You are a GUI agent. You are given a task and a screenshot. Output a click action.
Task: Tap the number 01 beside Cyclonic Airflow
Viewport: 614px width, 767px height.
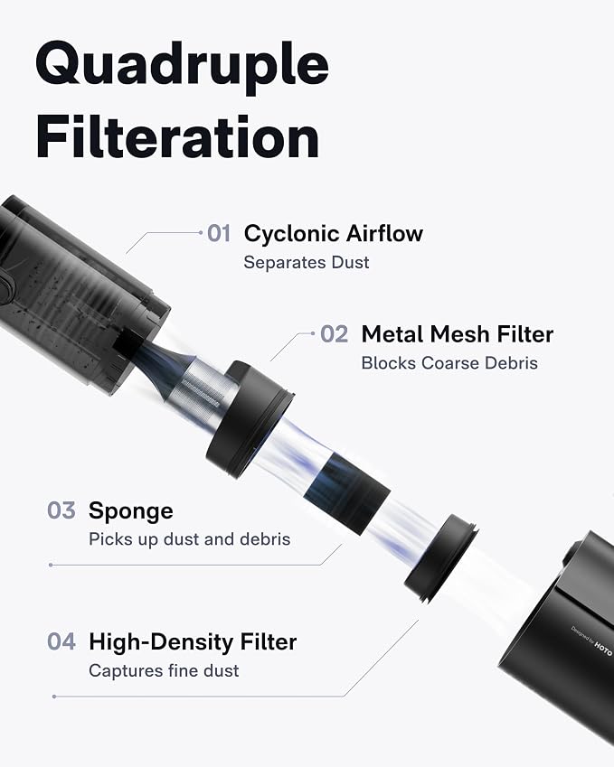point(219,233)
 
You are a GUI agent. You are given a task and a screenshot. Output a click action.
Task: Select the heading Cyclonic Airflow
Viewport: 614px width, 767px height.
point(334,233)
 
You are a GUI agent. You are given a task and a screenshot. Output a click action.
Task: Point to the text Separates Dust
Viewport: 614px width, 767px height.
point(306,262)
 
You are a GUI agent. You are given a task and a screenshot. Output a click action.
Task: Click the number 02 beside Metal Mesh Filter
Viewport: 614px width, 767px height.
point(334,334)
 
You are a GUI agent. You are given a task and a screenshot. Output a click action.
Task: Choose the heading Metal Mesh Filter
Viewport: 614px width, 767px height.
point(458,334)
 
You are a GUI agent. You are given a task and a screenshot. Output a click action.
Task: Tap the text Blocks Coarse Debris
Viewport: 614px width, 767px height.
point(449,363)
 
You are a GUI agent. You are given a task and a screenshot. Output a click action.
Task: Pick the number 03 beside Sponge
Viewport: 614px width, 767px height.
point(61,510)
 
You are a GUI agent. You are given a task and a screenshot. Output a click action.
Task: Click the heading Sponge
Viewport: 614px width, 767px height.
point(131,511)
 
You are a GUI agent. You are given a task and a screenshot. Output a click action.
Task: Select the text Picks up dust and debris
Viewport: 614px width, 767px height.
point(190,539)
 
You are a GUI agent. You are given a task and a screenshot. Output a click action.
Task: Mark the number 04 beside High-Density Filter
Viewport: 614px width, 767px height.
point(61,641)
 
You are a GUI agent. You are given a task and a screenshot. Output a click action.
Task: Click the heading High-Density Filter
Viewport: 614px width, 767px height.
point(193,642)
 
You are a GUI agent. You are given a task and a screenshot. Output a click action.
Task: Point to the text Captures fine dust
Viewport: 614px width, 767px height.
point(164,670)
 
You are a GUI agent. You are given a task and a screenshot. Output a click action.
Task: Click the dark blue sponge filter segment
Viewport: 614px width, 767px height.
point(346,493)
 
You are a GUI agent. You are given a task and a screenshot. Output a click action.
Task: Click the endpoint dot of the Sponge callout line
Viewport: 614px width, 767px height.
point(51,565)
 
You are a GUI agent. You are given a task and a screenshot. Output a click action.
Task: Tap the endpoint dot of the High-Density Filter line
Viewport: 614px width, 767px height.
point(54,696)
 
